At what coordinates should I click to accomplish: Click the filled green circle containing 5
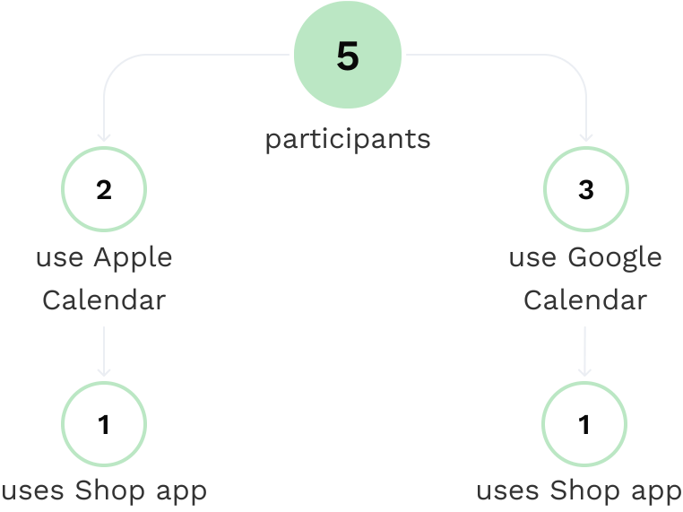point(348,55)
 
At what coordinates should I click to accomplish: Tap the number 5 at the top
point(348,56)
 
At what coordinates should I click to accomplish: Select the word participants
point(348,140)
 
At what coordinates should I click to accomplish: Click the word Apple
point(134,258)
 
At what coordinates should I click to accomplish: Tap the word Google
point(615,258)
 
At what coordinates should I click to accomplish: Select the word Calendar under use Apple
point(104,300)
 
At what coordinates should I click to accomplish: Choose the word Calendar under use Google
point(585,300)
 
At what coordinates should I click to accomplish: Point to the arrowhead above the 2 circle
point(104,138)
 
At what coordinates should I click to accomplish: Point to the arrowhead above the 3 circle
point(586,138)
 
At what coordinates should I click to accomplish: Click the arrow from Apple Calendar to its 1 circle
point(104,351)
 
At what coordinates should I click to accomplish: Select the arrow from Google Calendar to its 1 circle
point(584,351)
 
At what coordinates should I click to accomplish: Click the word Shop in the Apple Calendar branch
point(109,491)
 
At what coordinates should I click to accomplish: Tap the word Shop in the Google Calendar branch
point(584,491)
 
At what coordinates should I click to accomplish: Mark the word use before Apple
point(60,258)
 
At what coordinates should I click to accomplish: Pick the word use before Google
point(532,258)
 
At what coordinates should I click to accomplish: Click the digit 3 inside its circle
point(586,190)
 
